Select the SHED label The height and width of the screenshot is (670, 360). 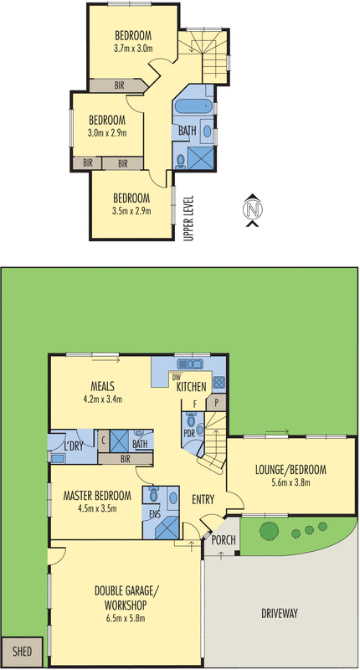23,649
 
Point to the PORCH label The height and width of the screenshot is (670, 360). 223,540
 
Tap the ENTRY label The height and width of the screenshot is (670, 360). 203,500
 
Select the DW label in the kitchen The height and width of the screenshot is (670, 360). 177,378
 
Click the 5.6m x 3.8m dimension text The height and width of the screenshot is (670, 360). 290,482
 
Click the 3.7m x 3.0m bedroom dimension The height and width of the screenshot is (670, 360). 133,49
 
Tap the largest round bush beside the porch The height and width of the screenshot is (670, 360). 269,531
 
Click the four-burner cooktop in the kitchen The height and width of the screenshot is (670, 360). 219,382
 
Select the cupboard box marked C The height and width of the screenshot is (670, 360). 102,437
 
